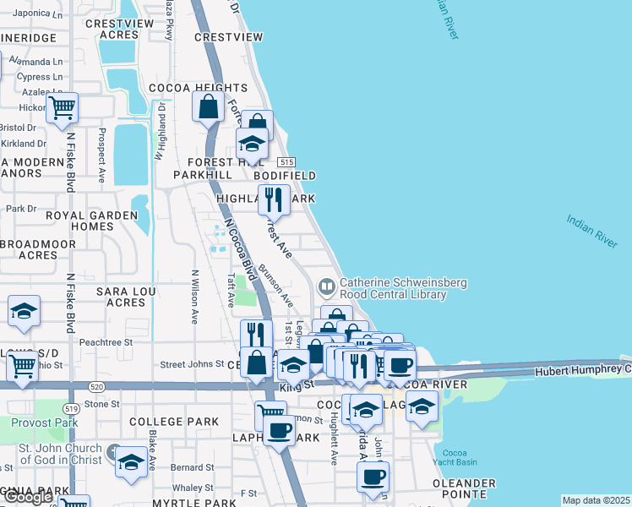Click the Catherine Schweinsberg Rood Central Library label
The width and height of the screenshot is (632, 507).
(x=393, y=289)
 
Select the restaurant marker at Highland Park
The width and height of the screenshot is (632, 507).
(x=273, y=201)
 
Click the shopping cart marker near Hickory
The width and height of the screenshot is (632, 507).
(x=62, y=108)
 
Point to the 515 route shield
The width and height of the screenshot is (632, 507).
(x=287, y=161)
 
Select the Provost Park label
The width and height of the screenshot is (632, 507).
(x=32, y=422)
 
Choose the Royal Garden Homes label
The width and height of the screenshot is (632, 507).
(x=91, y=221)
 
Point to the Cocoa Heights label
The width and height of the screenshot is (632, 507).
(x=199, y=88)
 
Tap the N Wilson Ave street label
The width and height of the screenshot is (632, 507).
(x=194, y=297)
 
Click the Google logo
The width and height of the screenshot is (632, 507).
(x=27, y=498)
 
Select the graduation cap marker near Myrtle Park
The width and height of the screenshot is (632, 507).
(x=130, y=462)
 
